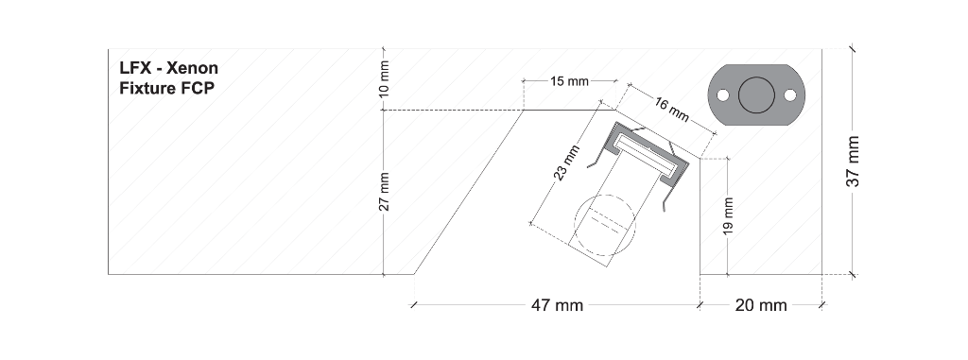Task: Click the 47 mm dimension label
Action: (557, 304)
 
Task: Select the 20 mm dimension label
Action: (761, 304)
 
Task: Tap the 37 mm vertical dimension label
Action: (854, 161)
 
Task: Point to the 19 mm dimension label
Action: (729, 215)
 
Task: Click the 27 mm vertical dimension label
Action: (384, 192)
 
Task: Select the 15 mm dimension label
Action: (570, 81)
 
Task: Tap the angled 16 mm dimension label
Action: (671, 110)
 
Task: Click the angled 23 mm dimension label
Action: (567, 163)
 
